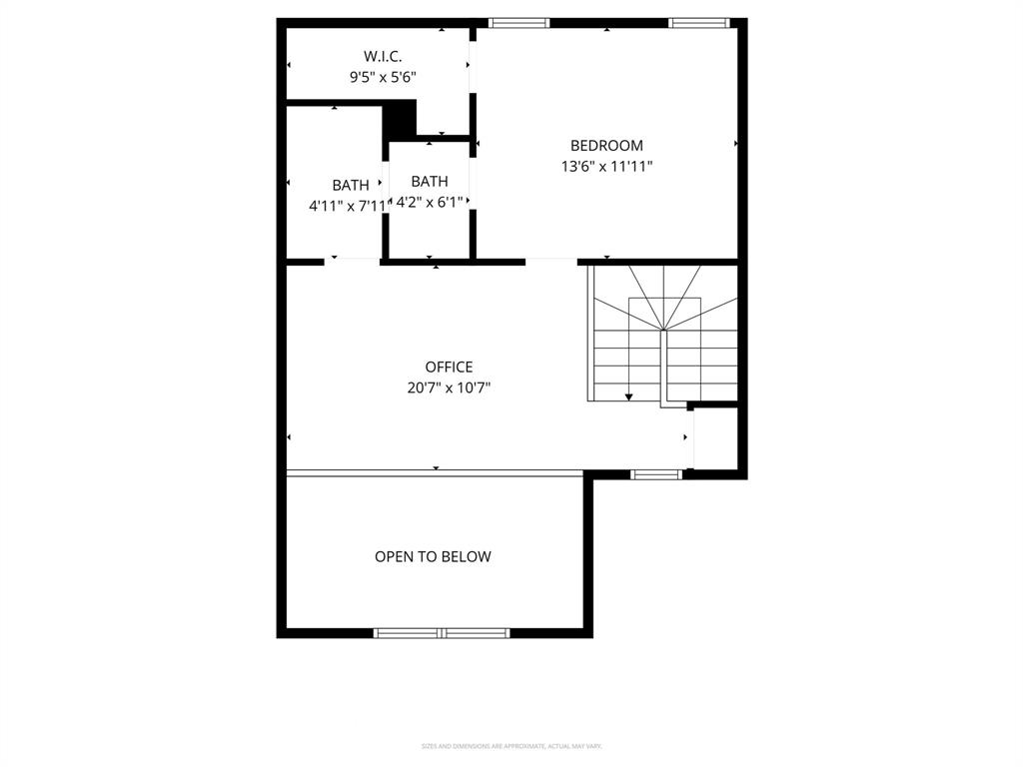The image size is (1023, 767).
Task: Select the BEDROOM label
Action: pos(606,146)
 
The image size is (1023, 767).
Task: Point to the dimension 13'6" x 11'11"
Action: pos(606,167)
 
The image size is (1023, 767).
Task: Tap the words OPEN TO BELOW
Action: pos(433,557)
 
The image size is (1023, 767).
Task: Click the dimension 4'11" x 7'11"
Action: pos(347,206)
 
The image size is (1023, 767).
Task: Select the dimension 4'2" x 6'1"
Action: pos(430,203)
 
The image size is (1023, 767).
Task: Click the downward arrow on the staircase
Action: pos(629,395)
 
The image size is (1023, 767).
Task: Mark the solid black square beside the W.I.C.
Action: pos(400,119)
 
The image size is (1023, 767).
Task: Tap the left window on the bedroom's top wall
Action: pos(518,22)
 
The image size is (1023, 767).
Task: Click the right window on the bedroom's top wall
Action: pos(699,22)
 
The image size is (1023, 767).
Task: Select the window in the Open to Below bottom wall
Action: pos(442,632)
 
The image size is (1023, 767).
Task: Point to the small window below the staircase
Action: pos(656,474)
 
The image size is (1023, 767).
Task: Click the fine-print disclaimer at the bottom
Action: pos(511,746)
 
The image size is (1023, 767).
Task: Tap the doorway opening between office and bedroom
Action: pos(551,262)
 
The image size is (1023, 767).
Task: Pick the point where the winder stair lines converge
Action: pos(663,329)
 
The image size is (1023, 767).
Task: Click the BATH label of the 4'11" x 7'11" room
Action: pos(351,185)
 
